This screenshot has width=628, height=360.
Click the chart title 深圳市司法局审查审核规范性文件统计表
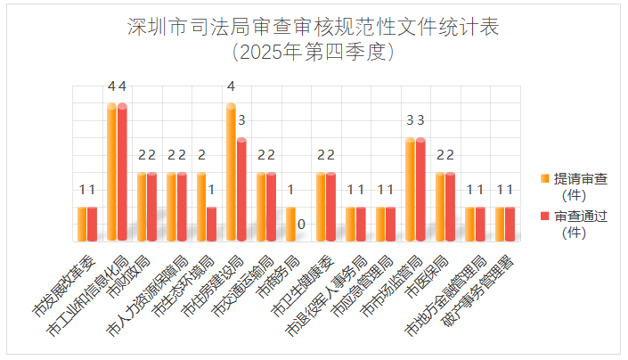click(313, 27)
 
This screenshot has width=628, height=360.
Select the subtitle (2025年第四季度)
click(313, 51)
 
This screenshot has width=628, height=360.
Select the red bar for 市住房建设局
click(241, 189)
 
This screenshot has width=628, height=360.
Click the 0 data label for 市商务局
click(301, 224)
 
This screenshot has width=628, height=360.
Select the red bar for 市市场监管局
click(420, 189)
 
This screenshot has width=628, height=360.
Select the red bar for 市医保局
click(450, 206)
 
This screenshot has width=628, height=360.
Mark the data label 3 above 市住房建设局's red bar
click(241, 120)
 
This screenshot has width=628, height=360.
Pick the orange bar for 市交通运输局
click(261, 206)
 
